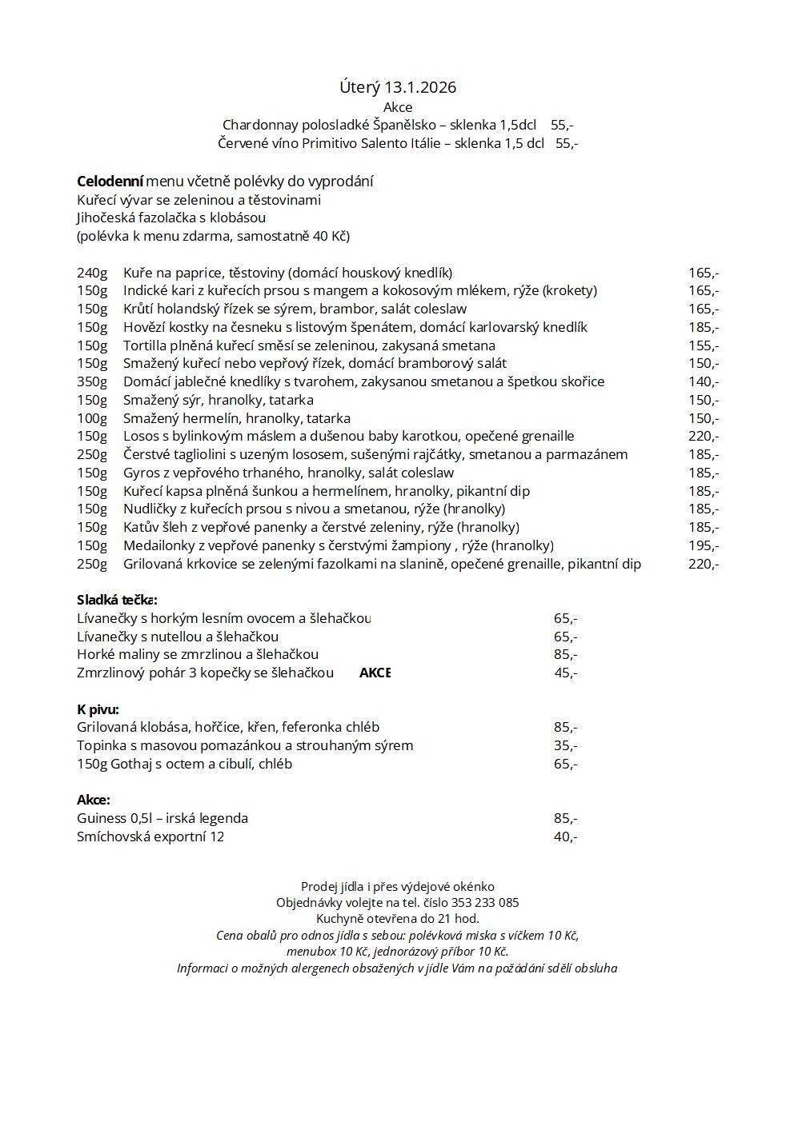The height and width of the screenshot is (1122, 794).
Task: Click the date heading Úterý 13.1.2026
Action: [397, 87]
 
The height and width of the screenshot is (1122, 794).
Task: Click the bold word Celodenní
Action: [110, 182]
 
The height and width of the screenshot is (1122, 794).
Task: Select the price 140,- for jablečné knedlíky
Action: [704, 381]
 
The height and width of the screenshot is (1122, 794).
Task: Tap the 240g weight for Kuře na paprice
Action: [92, 273]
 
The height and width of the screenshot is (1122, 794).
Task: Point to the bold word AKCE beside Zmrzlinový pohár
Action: [375, 673]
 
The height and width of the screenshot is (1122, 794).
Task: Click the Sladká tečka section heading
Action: [117, 600]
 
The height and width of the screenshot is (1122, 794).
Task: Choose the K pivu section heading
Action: [98, 709]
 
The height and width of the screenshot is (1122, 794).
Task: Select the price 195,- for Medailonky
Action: [704, 545]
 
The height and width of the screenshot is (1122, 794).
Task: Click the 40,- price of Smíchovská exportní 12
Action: [565, 837]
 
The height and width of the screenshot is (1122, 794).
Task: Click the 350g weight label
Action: [92, 381]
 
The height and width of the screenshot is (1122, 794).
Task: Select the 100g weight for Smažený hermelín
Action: [92, 418]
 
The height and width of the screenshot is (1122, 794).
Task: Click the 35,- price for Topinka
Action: [565, 745]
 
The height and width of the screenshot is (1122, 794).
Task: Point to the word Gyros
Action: [142, 473]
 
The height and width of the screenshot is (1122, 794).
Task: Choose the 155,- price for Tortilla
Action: [704, 345]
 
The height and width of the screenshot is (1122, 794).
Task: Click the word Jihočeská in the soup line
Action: [110, 218]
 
